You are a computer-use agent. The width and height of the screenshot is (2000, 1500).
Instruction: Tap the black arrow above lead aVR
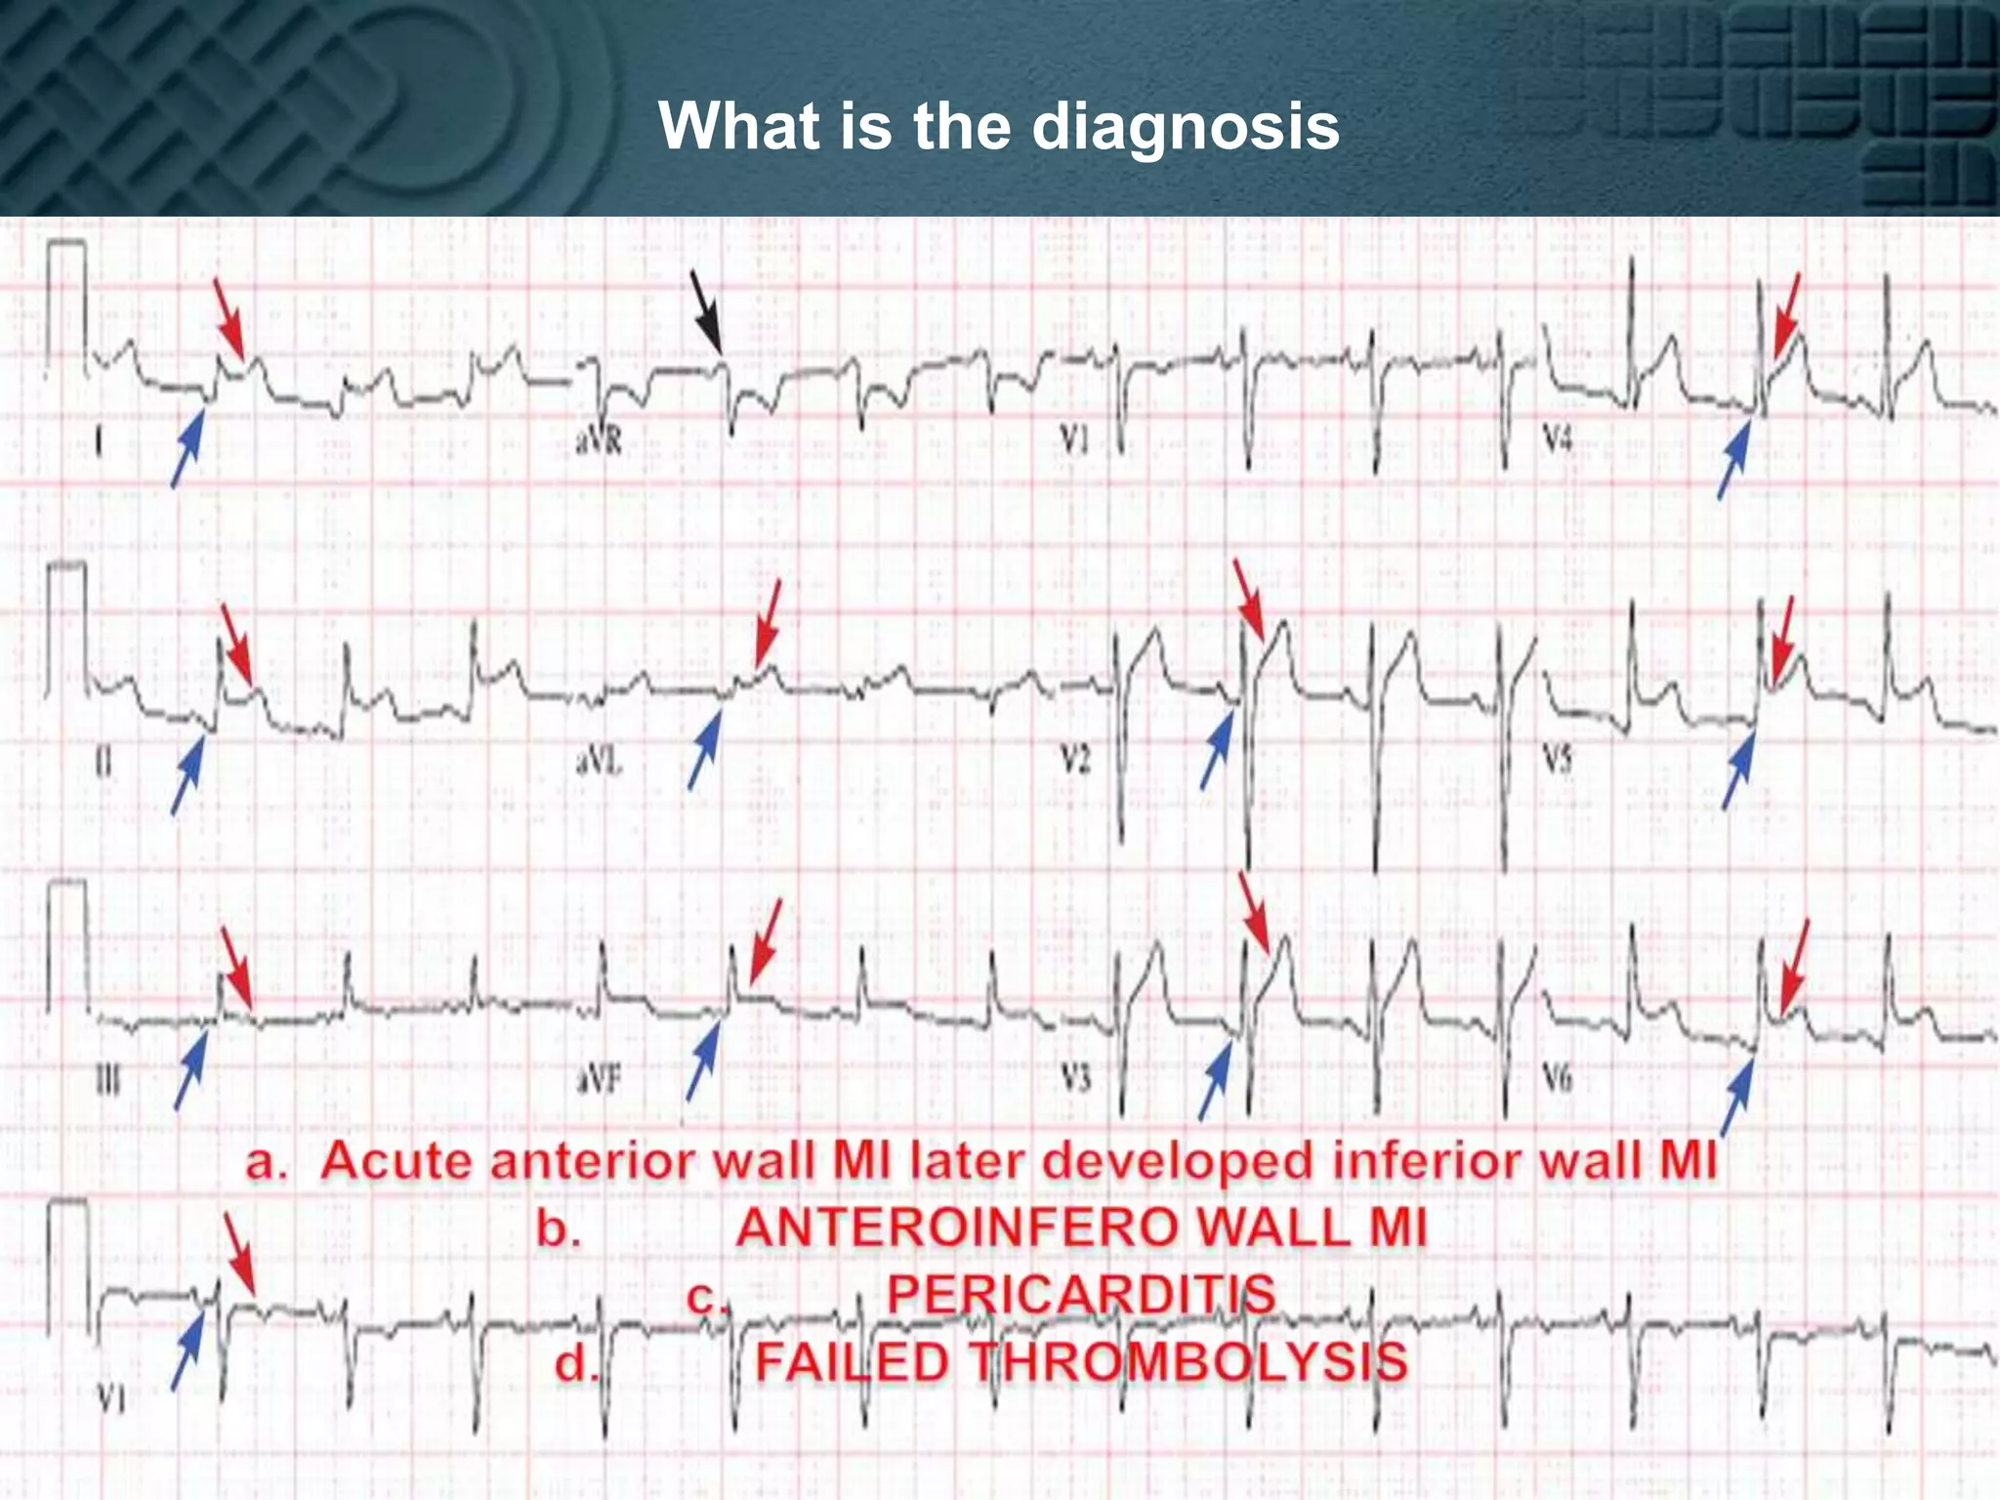[x=706, y=312]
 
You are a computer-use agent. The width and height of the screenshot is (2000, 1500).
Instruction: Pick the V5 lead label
[x=1558, y=759]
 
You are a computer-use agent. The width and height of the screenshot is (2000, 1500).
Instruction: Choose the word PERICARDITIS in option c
[x=1081, y=1295]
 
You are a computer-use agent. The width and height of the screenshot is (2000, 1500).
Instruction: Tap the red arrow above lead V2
[x=1249, y=598]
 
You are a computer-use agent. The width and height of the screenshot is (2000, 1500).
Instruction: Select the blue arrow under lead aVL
[x=704, y=749]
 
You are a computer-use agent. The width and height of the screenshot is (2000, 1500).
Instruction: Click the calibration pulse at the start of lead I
[x=66, y=303]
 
